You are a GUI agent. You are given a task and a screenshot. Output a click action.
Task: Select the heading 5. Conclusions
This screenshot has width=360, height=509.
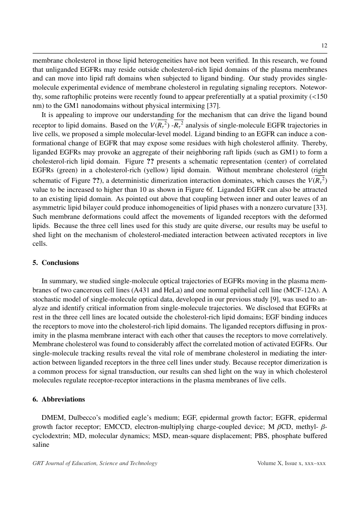pos(56,263)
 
